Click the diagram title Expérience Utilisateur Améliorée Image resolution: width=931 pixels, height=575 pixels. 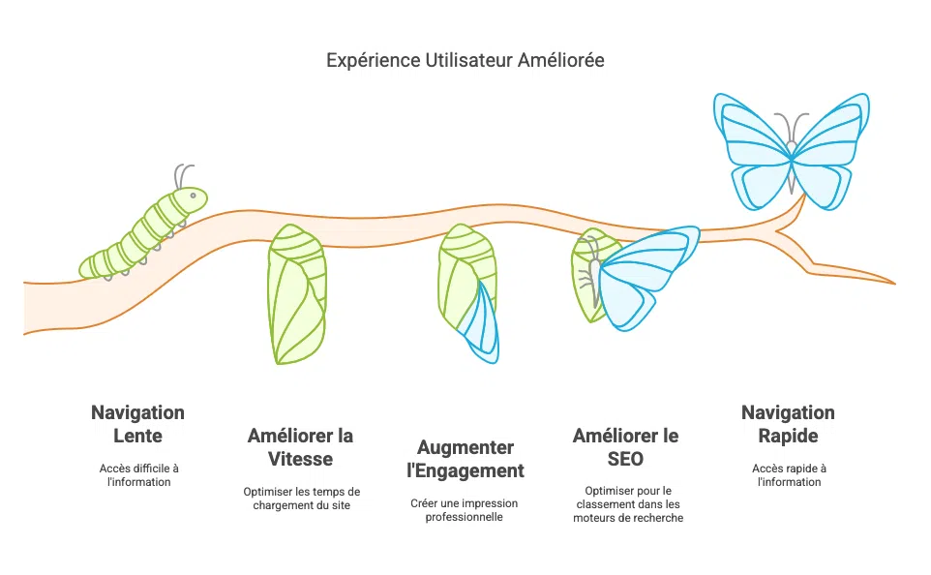point(465,60)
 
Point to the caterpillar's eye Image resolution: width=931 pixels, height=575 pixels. point(194,197)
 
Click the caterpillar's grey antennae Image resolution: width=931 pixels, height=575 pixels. point(182,175)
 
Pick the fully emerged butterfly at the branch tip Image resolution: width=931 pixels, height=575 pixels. point(791,149)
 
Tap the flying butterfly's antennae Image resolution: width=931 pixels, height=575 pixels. point(793,126)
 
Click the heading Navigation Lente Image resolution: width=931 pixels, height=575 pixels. point(137,423)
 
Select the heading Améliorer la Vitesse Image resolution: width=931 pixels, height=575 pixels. point(300,446)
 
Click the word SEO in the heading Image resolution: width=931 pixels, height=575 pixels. point(627,458)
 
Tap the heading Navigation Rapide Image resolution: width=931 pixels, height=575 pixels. point(788,423)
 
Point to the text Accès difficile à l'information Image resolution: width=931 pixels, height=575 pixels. point(138,474)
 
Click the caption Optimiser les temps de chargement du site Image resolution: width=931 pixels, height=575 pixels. point(301,498)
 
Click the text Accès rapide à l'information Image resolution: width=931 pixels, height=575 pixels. point(788,474)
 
